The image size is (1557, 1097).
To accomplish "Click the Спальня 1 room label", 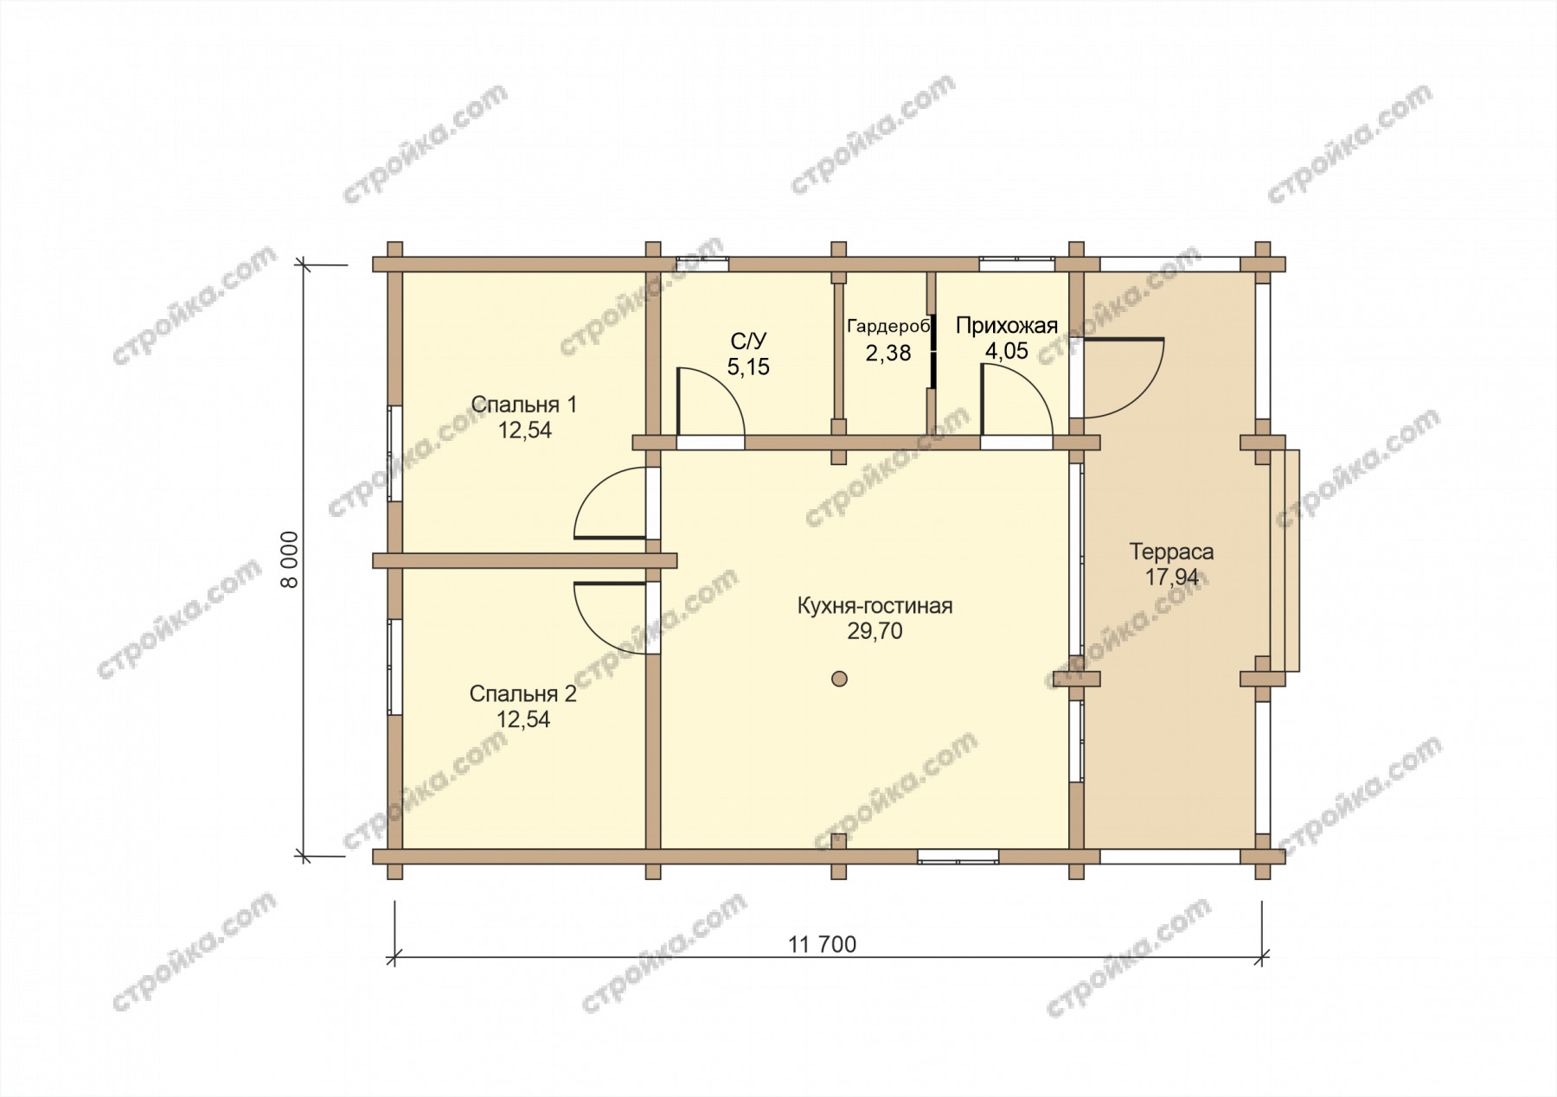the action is (524, 404).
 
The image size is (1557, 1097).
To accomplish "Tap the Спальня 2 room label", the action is (522, 693).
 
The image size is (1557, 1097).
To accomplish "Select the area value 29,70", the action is (875, 632).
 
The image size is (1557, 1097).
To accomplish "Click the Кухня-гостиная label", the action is (875, 606).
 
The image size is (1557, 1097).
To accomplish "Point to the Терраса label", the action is (1171, 552).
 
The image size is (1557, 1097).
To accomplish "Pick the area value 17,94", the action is (1172, 577).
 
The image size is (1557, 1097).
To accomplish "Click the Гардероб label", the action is (887, 327).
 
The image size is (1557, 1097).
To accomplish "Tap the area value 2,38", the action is (887, 353).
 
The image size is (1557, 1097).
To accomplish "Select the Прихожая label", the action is (1007, 326).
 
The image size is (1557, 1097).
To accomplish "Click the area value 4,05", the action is (1007, 352).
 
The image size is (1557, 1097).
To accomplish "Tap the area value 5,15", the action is (748, 367).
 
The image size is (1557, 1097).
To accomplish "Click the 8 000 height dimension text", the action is (291, 559).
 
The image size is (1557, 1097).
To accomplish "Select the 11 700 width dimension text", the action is (823, 945).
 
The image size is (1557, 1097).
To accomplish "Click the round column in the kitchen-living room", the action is (838, 679).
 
